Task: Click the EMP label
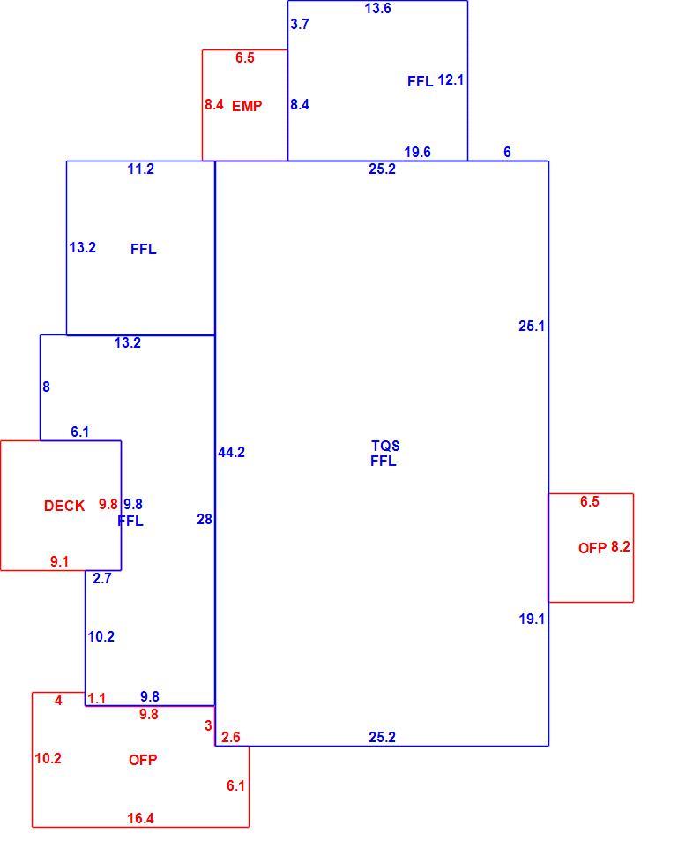247,106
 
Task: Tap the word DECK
64,506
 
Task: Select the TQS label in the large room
385,446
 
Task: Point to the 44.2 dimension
231,452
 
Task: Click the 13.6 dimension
378,8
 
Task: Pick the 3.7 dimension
300,24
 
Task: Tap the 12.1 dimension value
451,80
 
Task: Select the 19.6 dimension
417,152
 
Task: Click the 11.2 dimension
141,169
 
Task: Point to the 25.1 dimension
532,326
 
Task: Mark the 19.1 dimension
532,619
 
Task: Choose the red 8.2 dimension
620,547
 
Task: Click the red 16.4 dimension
141,818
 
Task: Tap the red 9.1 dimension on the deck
59,562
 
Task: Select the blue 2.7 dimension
102,579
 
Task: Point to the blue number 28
205,519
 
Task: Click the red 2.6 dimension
231,738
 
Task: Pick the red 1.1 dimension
97,699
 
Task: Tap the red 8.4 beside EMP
214,104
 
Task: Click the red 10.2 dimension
48,758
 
